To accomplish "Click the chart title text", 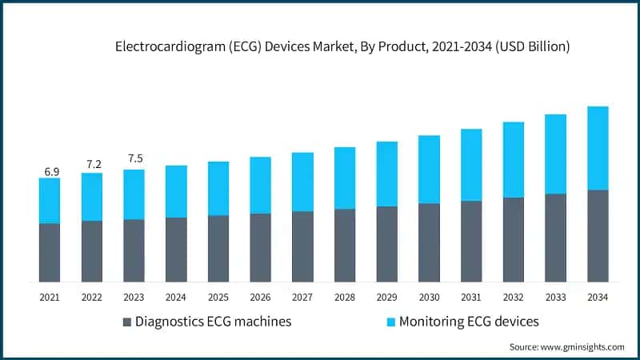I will coord(342,47).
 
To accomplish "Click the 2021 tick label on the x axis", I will coord(50,297).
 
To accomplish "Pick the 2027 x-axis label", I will coord(302,297).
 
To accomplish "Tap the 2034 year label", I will coord(598,297).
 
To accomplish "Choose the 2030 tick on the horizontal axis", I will coord(429,297).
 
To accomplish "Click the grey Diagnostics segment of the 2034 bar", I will coord(598,236).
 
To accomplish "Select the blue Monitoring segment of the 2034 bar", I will coord(598,148).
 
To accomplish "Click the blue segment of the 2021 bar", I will coord(50,200).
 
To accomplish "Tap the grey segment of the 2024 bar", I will coord(176,250).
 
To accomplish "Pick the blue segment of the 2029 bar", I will coord(386,174).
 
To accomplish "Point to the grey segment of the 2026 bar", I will coord(260,247).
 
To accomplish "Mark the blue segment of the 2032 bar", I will coord(513,159).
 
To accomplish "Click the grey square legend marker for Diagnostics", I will coord(126,322).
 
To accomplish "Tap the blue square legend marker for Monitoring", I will coord(390,322).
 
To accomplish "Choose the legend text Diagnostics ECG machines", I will coord(213,322).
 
